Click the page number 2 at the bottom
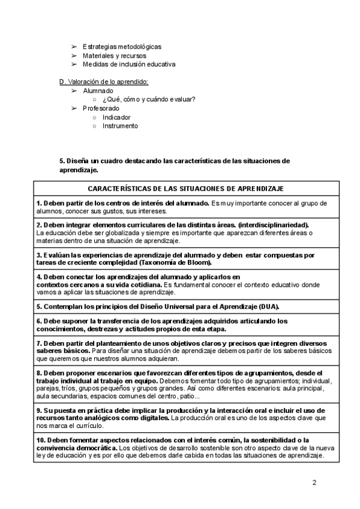[x=314, y=483]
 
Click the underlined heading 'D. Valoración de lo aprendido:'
[x=103, y=82]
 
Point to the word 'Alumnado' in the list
[x=98, y=91]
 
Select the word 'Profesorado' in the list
[x=101, y=108]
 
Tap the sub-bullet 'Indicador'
[x=116, y=117]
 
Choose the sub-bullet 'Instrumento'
[x=120, y=126]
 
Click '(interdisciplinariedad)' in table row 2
[x=274, y=224]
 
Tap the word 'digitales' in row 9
[x=154, y=417]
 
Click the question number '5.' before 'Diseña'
[x=62, y=161]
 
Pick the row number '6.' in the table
[x=39, y=321]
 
